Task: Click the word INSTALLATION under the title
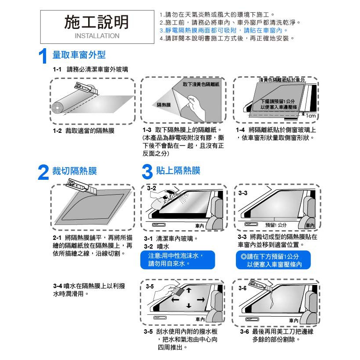[97, 36]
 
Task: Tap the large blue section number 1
[43, 56]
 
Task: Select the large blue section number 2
[43, 172]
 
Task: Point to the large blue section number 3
[147, 171]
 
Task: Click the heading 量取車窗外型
[79, 55]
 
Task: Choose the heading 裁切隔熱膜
[75, 171]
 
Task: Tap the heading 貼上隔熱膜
[178, 171]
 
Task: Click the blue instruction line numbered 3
[224, 30]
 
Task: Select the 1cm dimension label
[310, 115]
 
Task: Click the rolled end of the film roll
[57, 108]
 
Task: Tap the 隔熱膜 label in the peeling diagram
[164, 105]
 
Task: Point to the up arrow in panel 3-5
[189, 290]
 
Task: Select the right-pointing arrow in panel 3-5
[201, 299]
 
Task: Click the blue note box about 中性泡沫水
[178, 260]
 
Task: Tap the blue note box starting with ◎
[273, 260]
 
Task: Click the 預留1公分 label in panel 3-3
[276, 225]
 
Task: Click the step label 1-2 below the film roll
[57, 131]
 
